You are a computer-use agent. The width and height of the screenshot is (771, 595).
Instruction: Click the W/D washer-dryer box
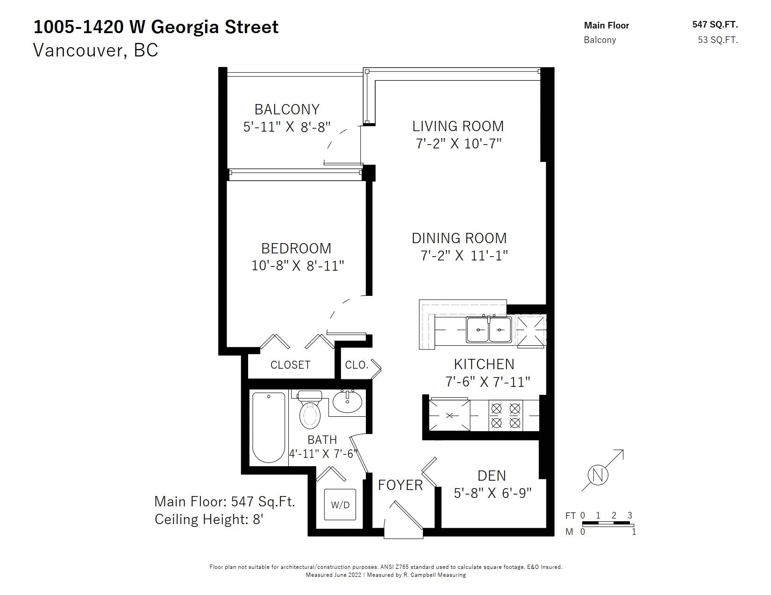pyautogui.click(x=340, y=504)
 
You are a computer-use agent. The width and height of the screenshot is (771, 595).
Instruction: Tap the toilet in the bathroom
pyautogui.click(x=310, y=409)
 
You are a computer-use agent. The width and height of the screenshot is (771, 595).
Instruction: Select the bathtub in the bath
pyautogui.click(x=269, y=427)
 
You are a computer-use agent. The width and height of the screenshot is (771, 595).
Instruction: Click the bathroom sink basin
pyautogui.click(x=347, y=401)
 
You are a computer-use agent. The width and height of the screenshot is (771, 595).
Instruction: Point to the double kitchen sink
pyautogui.click(x=489, y=329)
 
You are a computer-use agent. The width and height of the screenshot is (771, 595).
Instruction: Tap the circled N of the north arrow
pyautogui.click(x=598, y=475)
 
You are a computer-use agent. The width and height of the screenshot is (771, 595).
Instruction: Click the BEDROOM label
pyautogui.click(x=296, y=248)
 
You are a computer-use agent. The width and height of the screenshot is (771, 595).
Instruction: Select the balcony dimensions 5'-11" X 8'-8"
pyautogui.click(x=287, y=126)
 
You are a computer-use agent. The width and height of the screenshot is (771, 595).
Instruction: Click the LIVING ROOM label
pyautogui.click(x=458, y=126)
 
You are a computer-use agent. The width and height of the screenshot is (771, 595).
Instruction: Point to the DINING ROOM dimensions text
pyautogui.click(x=464, y=255)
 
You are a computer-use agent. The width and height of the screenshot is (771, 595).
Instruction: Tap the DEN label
pyautogui.click(x=492, y=476)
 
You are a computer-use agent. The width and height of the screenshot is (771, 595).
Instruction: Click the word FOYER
pyautogui.click(x=400, y=485)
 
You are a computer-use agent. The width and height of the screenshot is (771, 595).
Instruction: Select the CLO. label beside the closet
pyautogui.click(x=357, y=364)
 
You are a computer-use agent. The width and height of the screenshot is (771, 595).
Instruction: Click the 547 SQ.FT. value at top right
pyautogui.click(x=715, y=24)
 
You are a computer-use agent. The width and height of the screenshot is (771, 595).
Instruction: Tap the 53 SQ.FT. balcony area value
pyautogui.click(x=718, y=40)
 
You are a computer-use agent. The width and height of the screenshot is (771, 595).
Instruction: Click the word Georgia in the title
pyautogui.click(x=185, y=27)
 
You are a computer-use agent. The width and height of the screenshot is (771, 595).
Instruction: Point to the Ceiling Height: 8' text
pyautogui.click(x=208, y=519)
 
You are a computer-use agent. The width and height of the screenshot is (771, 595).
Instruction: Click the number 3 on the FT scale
pyautogui.click(x=630, y=515)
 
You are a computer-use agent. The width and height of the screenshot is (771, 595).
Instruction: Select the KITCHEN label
pyautogui.click(x=484, y=364)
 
